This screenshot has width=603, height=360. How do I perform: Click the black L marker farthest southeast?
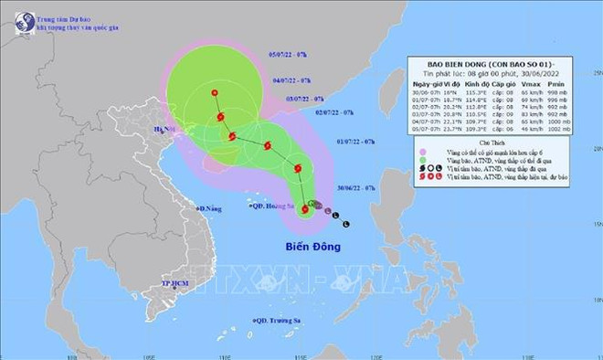[348, 223]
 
